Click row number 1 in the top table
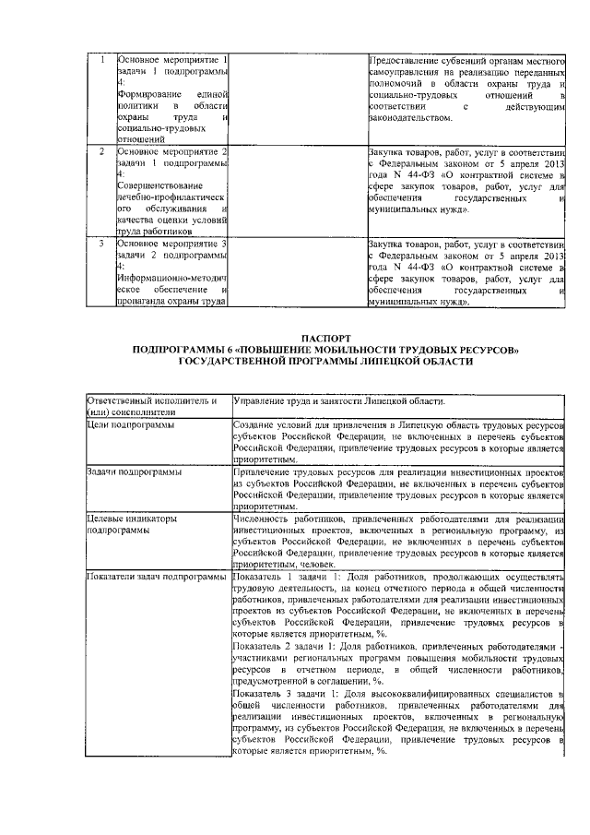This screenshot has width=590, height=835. tap(101, 60)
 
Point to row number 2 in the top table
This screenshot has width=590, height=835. tap(101, 149)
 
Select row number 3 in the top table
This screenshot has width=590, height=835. tap(101, 244)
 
